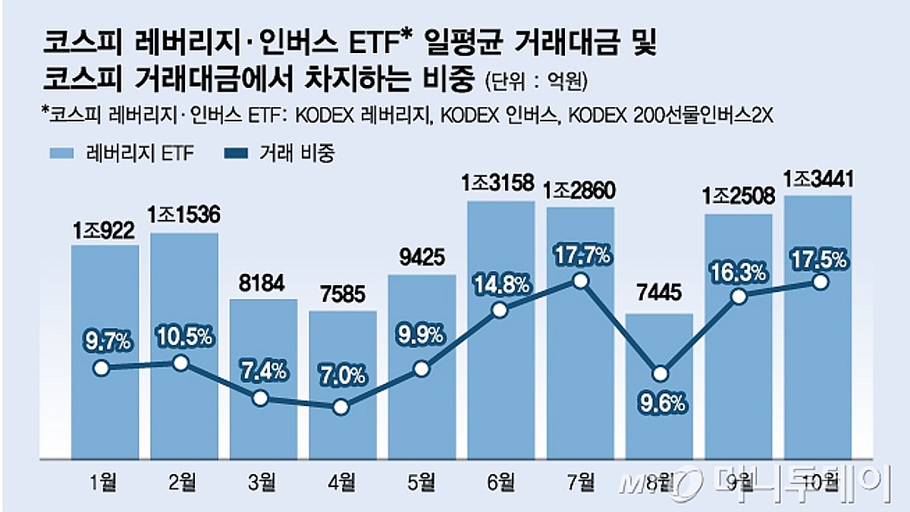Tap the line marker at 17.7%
coord(581,281)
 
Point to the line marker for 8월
coord(661,373)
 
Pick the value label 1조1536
coord(184,216)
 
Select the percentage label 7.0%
coord(343,375)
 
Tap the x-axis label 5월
coord(422,480)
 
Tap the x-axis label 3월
coord(263,480)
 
